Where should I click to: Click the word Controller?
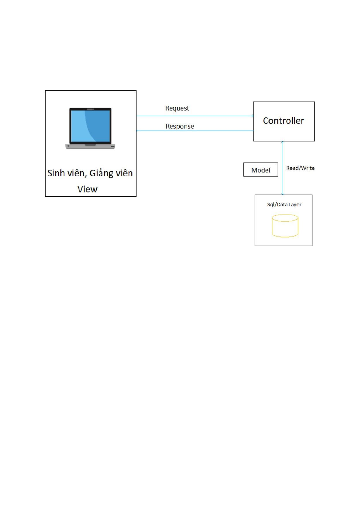[x=283, y=121]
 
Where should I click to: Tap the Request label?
[x=177, y=108]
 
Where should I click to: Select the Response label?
[x=180, y=126]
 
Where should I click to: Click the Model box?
[x=261, y=169]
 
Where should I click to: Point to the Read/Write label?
[x=300, y=168]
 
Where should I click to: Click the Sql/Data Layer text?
[x=284, y=205]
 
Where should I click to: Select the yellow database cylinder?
[x=285, y=226]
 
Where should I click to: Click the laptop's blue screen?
[x=90, y=126]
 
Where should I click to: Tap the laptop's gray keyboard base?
[x=90, y=147]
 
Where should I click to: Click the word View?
[x=88, y=189]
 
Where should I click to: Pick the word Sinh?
[x=56, y=173]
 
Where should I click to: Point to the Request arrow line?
[x=195, y=116]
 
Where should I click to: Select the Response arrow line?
[x=195, y=131]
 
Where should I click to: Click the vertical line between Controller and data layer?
[x=283, y=168]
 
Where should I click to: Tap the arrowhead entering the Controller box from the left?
[x=252, y=116]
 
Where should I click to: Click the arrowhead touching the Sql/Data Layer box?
[x=283, y=194]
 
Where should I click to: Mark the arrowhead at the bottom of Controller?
[x=283, y=142]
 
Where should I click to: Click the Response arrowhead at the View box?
[x=137, y=131]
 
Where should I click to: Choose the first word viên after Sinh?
[x=77, y=173]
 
